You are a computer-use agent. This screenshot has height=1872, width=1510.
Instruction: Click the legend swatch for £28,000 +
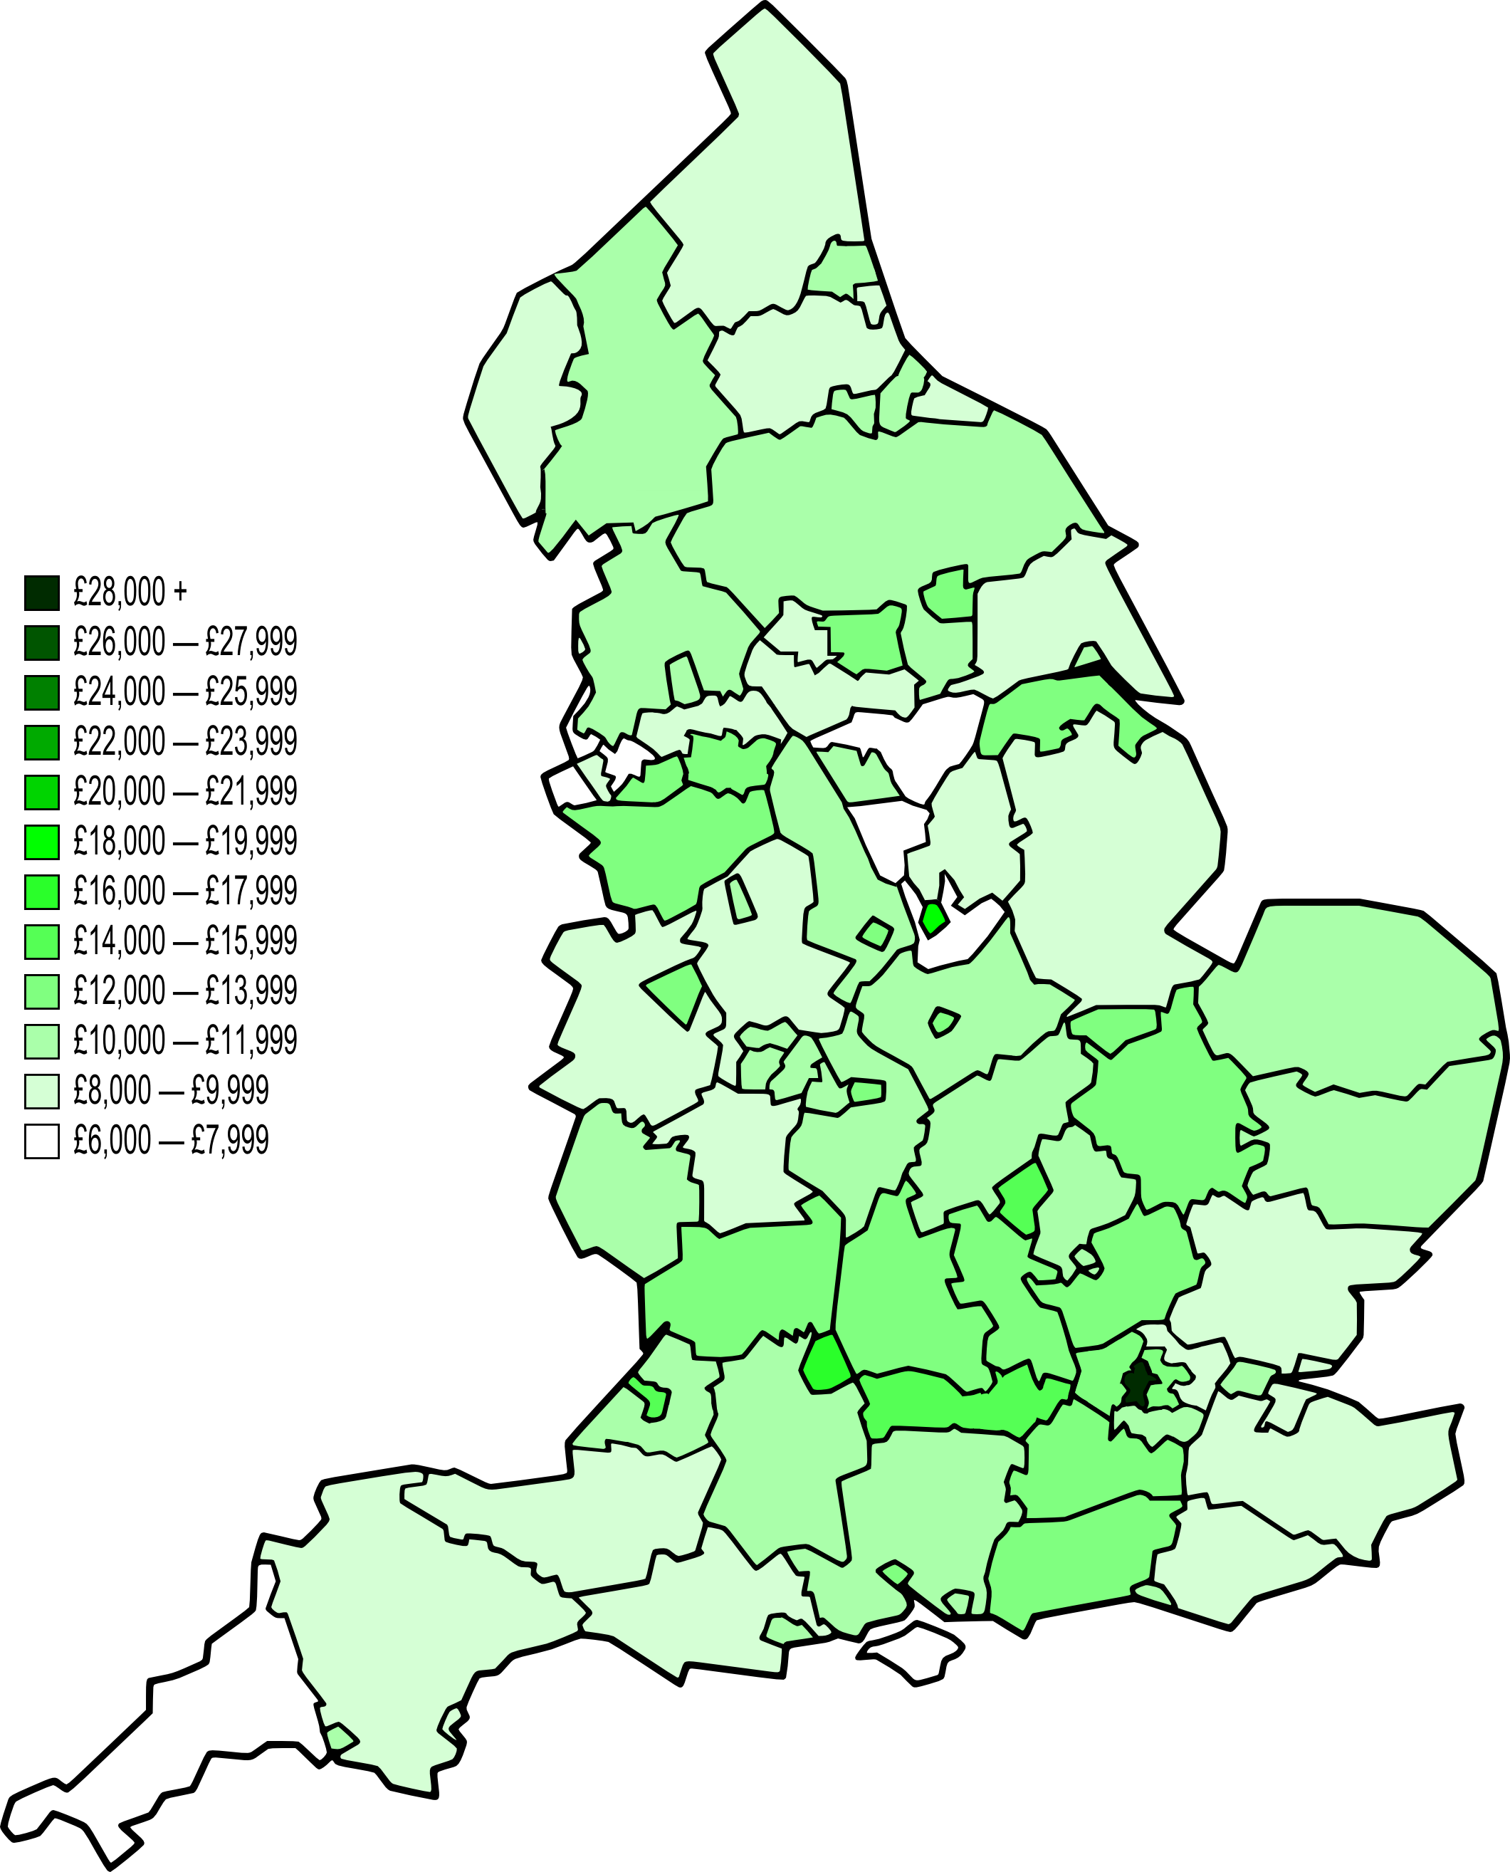(x=42, y=592)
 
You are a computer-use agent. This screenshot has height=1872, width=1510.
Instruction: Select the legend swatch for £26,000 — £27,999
(x=42, y=642)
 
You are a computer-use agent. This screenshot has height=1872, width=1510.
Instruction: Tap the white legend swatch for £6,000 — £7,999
(x=42, y=1141)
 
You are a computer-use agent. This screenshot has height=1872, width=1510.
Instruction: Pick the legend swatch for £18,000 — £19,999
(x=42, y=841)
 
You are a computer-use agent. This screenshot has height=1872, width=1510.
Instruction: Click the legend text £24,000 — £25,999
(x=185, y=691)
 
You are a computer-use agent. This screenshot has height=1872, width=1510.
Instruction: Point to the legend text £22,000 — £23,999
(x=185, y=741)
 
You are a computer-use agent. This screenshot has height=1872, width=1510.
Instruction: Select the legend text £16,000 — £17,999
(x=185, y=891)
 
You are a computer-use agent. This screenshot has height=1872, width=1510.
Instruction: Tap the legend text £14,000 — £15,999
(x=185, y=941)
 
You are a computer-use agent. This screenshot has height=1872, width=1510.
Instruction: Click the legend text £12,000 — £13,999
(x=185, y=990)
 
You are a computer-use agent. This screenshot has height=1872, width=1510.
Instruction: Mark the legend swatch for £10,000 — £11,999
(x=42, y=1040)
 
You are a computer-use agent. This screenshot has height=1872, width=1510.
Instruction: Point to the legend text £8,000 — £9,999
(x=172, y=1090)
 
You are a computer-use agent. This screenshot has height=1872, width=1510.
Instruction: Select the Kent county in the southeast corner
(x=1322, y=1470)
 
